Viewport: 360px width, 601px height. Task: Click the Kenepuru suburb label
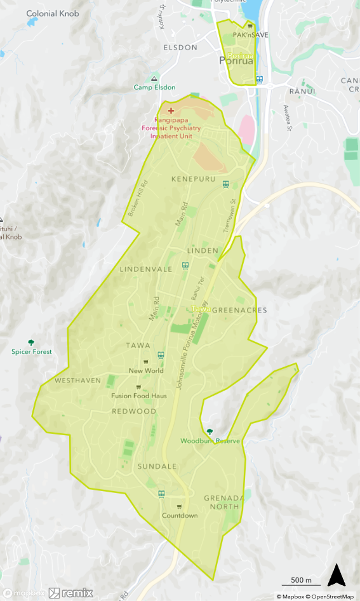coord(194,179)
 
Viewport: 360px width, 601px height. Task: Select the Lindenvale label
coord(146,269)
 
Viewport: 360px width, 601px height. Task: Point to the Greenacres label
coord(239,310)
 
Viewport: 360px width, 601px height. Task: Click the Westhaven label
coord(78,381)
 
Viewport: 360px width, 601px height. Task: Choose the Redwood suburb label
coord(134,411)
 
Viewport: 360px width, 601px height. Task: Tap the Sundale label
coord(157,466)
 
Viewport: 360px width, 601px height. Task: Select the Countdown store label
coord(180,515)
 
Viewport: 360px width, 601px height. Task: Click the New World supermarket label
coord(146,370)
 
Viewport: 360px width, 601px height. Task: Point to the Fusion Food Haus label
coord(138,396)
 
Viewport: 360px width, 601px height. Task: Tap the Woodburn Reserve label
coord(210,440)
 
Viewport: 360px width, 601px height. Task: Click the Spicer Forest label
coord(32,351)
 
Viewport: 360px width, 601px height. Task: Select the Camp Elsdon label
coord(154,87)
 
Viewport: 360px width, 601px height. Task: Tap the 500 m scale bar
coord(301,581)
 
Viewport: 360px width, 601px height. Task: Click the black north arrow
coord(336,575)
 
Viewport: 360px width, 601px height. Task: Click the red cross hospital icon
coord(170,111)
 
